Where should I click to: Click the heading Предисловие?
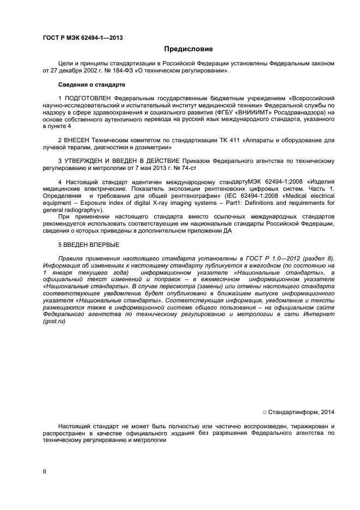[x=181, y=49]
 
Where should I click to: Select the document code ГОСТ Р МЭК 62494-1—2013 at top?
[x=82, y=38]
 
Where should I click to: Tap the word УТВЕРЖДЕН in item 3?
[x=87, y=161]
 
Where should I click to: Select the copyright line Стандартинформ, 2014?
[x=299, y=412]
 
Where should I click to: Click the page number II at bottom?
[x=44, y=471]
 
